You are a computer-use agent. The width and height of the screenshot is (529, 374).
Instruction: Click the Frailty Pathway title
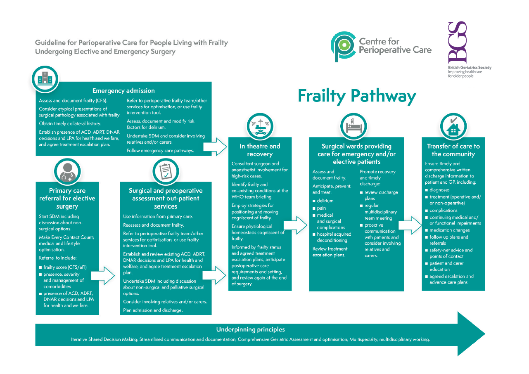pyautogui.click(x=357, y=96)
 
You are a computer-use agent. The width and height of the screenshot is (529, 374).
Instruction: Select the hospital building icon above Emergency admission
pyautogui.click(x=45, y=79)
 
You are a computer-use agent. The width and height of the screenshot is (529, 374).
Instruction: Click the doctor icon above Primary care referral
pyautogui.click(x=67, y=171)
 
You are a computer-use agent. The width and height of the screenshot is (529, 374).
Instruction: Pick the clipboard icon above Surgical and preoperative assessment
pyautogui.click(x=166, y=171)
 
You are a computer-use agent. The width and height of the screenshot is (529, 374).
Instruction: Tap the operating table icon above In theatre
pyautogui.click(x=260, y=126)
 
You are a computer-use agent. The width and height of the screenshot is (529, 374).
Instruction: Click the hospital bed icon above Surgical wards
pyautogui.click(x=353, y=126)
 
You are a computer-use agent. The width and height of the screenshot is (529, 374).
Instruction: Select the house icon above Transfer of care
pyautogui.click(x=453, y=126)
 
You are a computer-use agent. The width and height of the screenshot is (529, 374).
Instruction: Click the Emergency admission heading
pyautogui.click(x=123, y=91)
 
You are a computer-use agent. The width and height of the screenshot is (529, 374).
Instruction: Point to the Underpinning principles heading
pyautogui.click(x=250, y=329)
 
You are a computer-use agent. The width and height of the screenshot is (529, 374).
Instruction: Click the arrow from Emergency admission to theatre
pyautogui.click(x=215, y=145)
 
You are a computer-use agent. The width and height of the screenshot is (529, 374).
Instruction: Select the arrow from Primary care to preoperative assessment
pyautogui.click(x=103, y=275)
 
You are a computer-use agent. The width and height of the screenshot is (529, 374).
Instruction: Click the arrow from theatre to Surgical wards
pyautogui.click(x=296, y=225)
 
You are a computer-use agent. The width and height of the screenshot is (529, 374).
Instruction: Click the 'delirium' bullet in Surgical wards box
pyautogui.click(x=325, y=201)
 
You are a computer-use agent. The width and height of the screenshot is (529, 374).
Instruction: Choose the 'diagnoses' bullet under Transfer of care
pyautogui.click(x=439, y=190)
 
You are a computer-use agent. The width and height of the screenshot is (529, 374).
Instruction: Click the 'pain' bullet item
pyautogui.click(x=321, y=208)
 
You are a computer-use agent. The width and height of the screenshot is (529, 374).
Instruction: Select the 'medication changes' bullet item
pyautogui.click(x=449, y=230)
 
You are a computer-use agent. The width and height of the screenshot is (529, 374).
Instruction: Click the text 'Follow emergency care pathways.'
pyautogui.click(x=160, y=151)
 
